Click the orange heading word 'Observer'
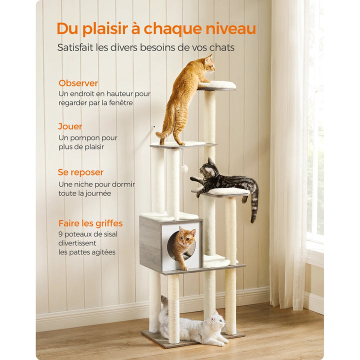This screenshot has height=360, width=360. (x=78, y=83)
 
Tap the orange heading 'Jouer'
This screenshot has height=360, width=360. (x=70, y=126)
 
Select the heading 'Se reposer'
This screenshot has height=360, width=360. (x=80, y=172)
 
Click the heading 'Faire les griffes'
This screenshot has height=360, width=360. (x=90, y=223)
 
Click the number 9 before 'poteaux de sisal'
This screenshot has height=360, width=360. (x=60, y=233)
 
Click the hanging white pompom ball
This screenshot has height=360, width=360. (x=184, y=168)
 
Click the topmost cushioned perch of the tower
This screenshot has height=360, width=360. (x=217, y=85)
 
